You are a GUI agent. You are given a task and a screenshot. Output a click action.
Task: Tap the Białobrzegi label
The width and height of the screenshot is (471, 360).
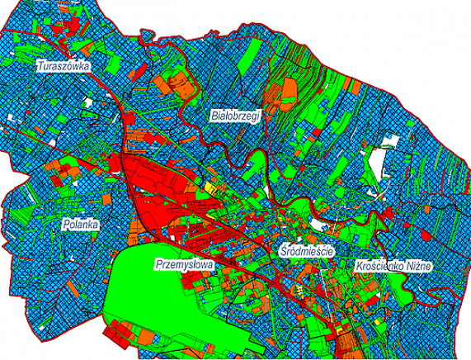(x=235, y=117)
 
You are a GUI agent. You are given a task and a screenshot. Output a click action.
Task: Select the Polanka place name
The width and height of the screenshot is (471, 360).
(x=81, y=224)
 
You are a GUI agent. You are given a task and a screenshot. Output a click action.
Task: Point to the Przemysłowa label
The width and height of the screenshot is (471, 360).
(x=183, y=265)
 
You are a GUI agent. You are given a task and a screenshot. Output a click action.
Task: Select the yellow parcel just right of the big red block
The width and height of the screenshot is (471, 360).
(x=211, y=188)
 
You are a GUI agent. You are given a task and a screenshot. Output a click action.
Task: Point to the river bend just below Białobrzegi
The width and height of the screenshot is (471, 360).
(x=235, y=149)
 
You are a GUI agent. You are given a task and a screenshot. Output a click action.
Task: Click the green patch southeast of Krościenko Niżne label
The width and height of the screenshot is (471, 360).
(x=404, y=289)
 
